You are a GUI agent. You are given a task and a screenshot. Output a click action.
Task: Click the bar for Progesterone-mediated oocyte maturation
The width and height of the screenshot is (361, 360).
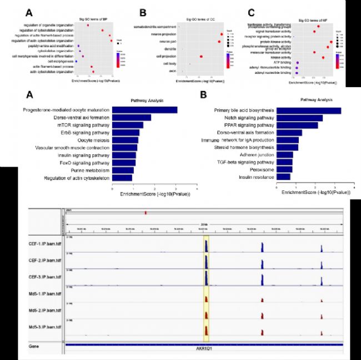click(x=144, y=109)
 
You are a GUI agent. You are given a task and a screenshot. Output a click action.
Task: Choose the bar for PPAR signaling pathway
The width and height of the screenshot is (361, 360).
click(x=297, y=125)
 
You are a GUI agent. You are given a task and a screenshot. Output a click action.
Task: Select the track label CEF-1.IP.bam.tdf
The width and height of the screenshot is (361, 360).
click(x=46, y=243)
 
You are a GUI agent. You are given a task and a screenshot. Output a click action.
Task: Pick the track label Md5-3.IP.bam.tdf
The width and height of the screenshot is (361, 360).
click(x=46, y=328)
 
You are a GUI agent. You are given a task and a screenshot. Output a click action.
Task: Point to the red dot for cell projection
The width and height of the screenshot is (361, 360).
click(x=201, y=57)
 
